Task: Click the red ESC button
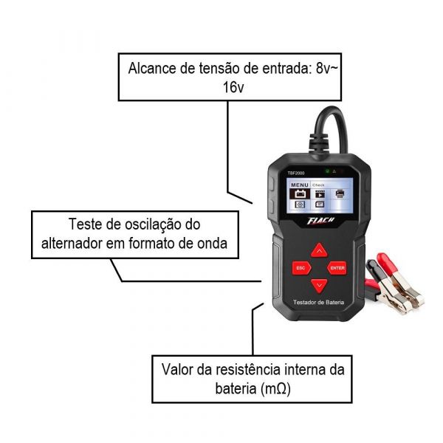pos(301,267)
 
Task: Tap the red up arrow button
pos(319,250)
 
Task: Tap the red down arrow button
pos(319,284)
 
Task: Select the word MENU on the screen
pos(299,185)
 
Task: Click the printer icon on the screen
pos(340,194)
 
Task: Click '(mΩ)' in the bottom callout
pos(272,387)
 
